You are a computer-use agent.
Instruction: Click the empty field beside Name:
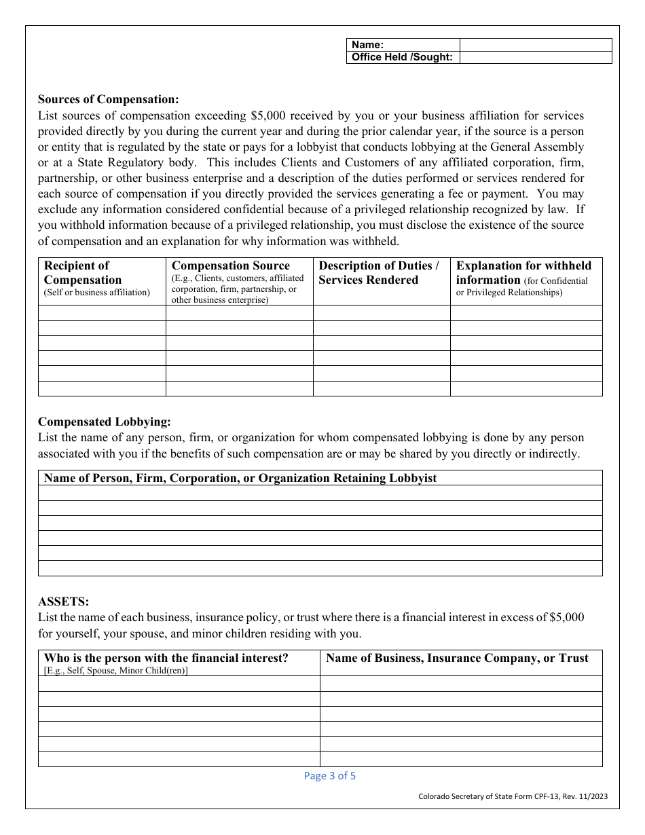tap(535, 45)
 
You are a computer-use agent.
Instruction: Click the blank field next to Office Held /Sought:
tap(535, 58)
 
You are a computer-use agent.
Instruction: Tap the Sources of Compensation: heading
tap(109, 98)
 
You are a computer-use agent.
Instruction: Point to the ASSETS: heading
tap(63, 601)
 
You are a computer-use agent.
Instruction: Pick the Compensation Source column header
tap(239, 280)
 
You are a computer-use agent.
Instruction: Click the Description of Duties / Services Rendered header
tap(381, 273)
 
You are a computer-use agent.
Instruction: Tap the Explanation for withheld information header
tap(526, 279)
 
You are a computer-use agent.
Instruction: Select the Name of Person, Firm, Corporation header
tap(240, 478)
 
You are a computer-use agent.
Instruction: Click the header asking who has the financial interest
tap(179, 663)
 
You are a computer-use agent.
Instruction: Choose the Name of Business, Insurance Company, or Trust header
tap(460, 658)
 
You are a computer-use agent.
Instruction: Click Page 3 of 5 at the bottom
tap(329, 776)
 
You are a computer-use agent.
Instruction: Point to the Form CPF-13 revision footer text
tap(509, 798)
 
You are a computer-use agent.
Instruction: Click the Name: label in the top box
tap(367, 45)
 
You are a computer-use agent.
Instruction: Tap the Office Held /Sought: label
tap(402, 58)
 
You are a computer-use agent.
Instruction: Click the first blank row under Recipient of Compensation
tap(102, 312)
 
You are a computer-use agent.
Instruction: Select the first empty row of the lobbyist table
tap(320, 493)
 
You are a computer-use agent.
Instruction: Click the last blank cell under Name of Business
tap(460, 759)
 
